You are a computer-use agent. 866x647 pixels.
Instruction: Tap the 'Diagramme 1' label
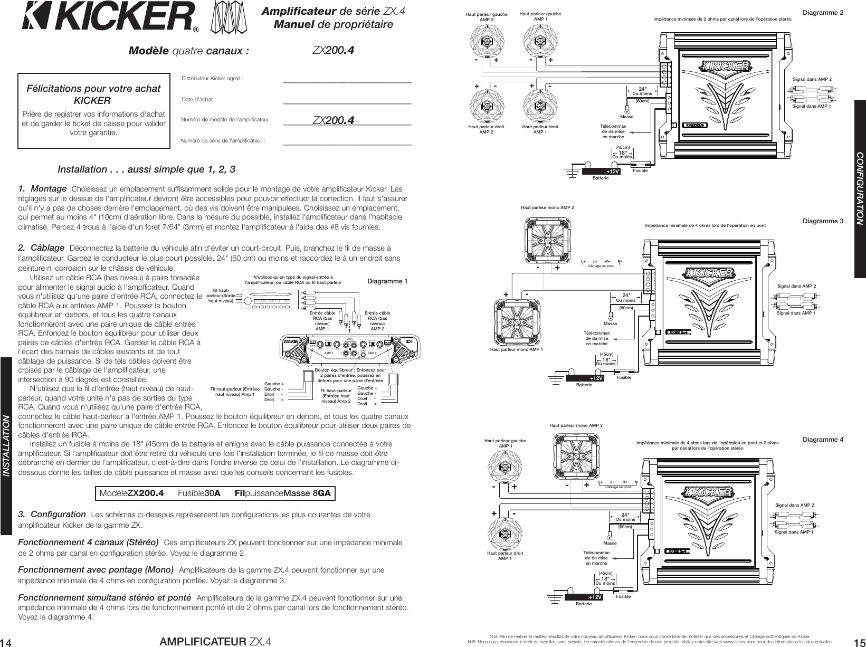(387, 281)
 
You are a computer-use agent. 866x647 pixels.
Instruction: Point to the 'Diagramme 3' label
(823, 221)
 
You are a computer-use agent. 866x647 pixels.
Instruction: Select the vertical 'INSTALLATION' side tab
(6, 445)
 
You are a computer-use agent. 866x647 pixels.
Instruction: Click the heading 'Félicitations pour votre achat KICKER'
(93, 94)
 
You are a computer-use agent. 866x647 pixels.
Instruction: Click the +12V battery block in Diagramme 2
(602, 172)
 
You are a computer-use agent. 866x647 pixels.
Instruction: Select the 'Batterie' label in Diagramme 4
(584, 603)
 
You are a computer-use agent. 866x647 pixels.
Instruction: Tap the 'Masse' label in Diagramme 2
(626, 117)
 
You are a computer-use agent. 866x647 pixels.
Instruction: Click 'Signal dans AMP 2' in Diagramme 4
(794, 505)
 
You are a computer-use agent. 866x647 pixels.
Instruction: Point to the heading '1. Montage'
(42, 189)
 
